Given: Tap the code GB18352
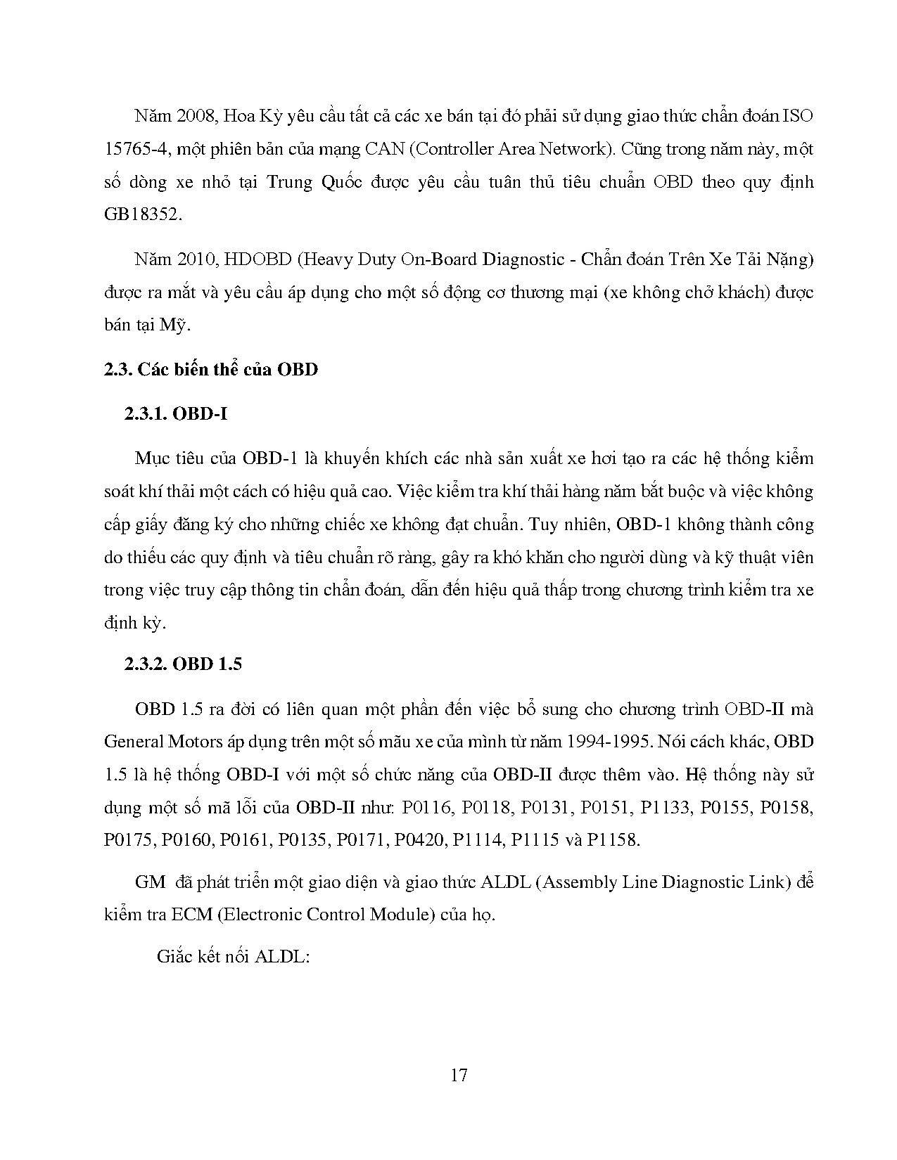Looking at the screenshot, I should (x=141, y=214).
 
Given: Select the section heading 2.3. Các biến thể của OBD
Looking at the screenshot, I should (x=210, y=369).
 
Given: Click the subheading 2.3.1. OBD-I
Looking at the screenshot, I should (x=175, y=413).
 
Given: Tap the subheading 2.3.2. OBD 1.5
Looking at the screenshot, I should (x=183, y=663).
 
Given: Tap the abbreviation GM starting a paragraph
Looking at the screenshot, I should (x=150, y=882).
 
